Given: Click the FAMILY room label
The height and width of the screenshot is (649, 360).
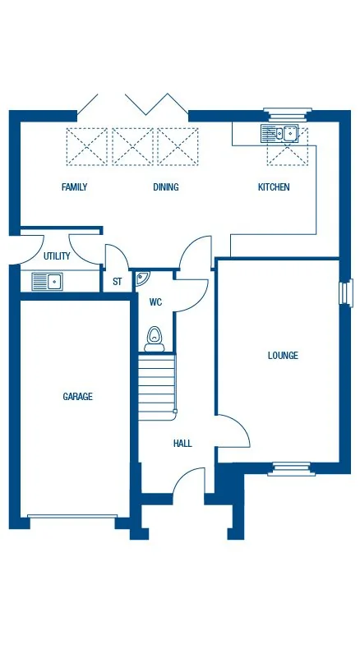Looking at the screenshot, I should click(x=74, y=187).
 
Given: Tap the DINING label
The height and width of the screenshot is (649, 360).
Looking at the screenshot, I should click(x=166, y=187).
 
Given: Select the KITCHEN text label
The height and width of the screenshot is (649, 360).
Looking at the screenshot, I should click(x=274, y=187).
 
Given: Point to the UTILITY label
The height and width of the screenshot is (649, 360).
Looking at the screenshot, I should click(x=57, y=256).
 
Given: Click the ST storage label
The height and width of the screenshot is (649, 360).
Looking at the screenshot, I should click(x=117, y=282).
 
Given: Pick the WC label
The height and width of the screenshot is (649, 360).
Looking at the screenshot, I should click(x=155, y=302).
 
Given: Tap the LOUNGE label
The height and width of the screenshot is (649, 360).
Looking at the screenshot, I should click(x=283, y=356).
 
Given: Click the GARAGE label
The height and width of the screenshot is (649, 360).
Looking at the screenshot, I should click(x=78, y=397).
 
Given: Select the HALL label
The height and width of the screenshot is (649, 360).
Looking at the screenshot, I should click(x=182, y=444).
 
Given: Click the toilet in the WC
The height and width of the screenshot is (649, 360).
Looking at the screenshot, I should click(x=155, y=337).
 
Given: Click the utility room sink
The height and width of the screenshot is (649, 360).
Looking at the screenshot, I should click(x=48, y=282).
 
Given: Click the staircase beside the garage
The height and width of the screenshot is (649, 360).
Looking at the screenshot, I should click(x=156, y=383).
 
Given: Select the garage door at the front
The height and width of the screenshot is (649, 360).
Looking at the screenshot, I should click(x=72, y=517).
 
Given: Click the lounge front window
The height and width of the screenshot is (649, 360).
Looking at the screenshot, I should click(x=291, y=469).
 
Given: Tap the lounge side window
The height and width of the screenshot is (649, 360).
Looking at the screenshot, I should click(x=346, y=292).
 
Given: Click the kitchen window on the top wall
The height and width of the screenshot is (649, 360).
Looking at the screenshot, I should click(x=288, y=113).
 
